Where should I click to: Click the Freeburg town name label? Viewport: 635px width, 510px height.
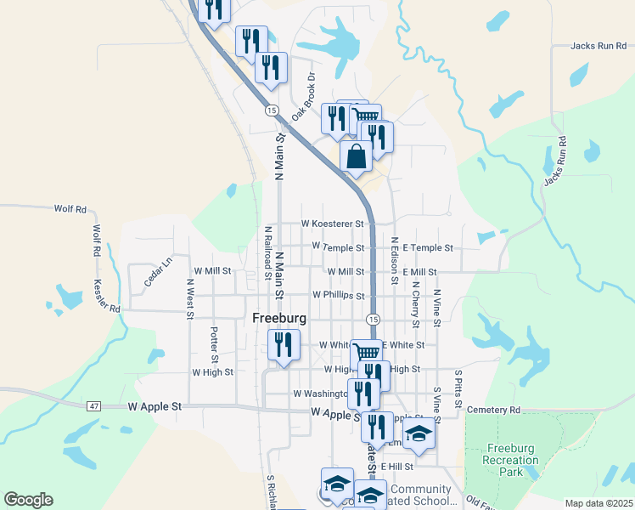[280, 318]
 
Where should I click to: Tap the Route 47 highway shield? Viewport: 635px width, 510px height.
[93, 406]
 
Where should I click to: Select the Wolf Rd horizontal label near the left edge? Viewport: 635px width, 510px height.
[70, 208]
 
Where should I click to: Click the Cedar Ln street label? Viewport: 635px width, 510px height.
[158, 271]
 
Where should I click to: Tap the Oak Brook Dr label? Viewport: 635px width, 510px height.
[303, 95]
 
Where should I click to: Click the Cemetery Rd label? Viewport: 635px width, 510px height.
[492, 410]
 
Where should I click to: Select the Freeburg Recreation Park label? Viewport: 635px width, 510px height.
[512, 460]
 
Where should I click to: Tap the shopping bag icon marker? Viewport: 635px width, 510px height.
[356, 156]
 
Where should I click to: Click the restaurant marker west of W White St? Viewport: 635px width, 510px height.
[282, 344]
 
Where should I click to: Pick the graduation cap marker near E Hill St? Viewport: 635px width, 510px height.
[419, 435]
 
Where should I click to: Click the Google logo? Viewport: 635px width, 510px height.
[28, 500]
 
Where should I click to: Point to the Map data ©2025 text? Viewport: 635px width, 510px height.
[598, 503]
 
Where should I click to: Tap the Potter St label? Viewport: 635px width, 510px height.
[214, 343]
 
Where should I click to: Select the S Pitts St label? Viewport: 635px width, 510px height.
[458, 384]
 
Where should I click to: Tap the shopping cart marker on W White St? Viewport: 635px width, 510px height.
[365, 353]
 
